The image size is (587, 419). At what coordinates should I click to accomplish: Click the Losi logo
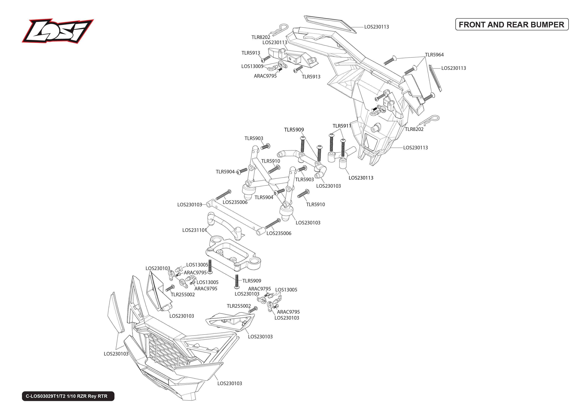58,31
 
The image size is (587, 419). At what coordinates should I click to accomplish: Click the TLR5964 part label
434,55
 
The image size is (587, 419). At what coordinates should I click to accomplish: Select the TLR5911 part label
342,126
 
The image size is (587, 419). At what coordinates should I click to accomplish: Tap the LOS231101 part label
194,230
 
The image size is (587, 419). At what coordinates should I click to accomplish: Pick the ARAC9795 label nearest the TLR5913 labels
265,76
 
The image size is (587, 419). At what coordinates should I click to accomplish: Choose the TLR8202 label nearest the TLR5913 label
261,37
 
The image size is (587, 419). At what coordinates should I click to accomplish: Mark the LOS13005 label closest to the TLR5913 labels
252,66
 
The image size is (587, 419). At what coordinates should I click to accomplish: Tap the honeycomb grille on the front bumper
165,351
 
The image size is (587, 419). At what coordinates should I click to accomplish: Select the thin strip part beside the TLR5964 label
435,78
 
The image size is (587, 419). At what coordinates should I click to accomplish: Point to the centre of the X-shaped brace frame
270,181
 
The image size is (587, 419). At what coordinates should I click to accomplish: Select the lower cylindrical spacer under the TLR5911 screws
343,163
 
